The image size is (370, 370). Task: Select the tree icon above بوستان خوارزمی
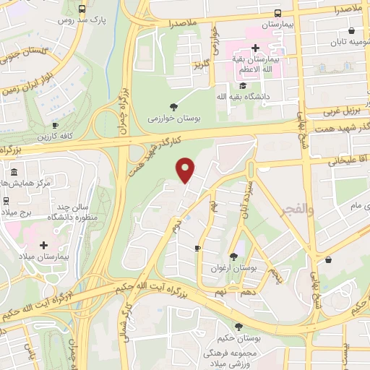click(173, 106)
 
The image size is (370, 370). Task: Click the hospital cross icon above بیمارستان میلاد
click(44, 246)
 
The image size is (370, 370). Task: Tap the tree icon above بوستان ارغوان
click(233, 256)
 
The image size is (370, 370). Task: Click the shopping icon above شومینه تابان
click(351, 31)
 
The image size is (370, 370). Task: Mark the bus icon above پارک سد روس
click(82, 9)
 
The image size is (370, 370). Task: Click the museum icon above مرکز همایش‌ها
click(14, 172)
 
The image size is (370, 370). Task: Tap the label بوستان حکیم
click(238, 337)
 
